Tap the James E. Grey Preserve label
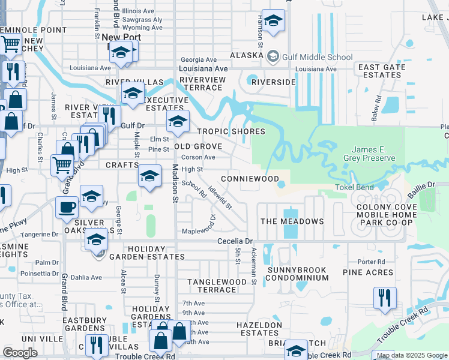click(x=373, y=154)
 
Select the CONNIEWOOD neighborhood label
click(x=250, y=179)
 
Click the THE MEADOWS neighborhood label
click(x=292, y=221)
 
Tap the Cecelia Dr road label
click(x=237, y=241)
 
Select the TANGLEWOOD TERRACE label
click(x=217, y=286)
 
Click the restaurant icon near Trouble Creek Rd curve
click(x=384, y=298)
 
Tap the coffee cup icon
click(x=67, y=207)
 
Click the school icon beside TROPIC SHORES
click(x=177, y=121)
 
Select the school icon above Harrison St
click(x=273, y=21)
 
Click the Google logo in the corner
click(x=20, y=352)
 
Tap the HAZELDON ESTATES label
click(x=259, y=329)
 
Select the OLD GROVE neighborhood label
click(x=198, y=146)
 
